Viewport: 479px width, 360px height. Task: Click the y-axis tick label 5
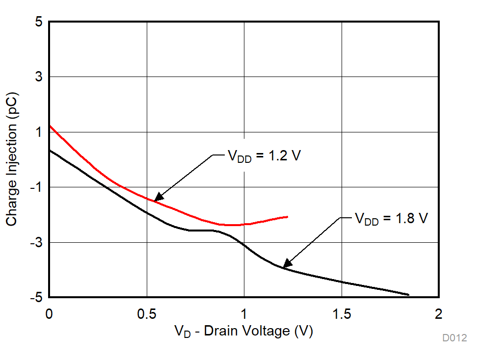pos(38,22)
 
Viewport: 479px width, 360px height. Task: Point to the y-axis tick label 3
pos(38,77)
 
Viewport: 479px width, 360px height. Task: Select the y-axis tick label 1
pos(38,132)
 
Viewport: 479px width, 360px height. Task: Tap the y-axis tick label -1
pos(36,187)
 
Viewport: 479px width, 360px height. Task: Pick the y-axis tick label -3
pos(36,242)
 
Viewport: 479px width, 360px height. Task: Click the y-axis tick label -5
pos(36,297)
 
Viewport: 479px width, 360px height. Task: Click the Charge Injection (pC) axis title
pos(12,159)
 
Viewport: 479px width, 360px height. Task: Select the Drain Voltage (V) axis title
pos(244,332)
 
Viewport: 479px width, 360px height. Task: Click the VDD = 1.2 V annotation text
pos(264,156)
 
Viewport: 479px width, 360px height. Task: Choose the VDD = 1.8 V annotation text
pos(391,219)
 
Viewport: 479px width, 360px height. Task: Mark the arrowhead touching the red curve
pos(156,199)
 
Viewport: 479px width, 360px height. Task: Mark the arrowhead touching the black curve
pos(286,265)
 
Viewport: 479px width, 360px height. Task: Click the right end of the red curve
pos(288,216)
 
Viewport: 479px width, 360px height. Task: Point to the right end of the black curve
pos(408,295)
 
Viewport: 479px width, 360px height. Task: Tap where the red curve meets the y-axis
pos(50,126)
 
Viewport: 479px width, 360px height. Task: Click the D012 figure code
pos(454,338)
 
